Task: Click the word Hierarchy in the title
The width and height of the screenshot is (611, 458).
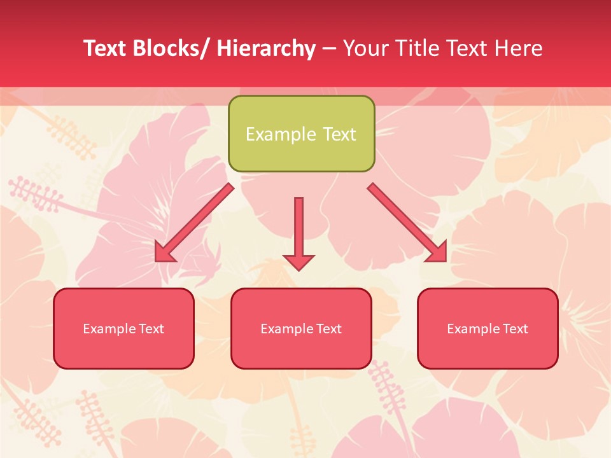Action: click(x=266, y=48)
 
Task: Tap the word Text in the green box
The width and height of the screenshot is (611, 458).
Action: click(x=339, y=134)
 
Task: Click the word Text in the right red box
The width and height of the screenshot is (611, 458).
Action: click(x=514, y=329)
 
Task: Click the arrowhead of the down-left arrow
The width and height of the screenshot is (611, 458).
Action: click(x=164, y=253)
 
